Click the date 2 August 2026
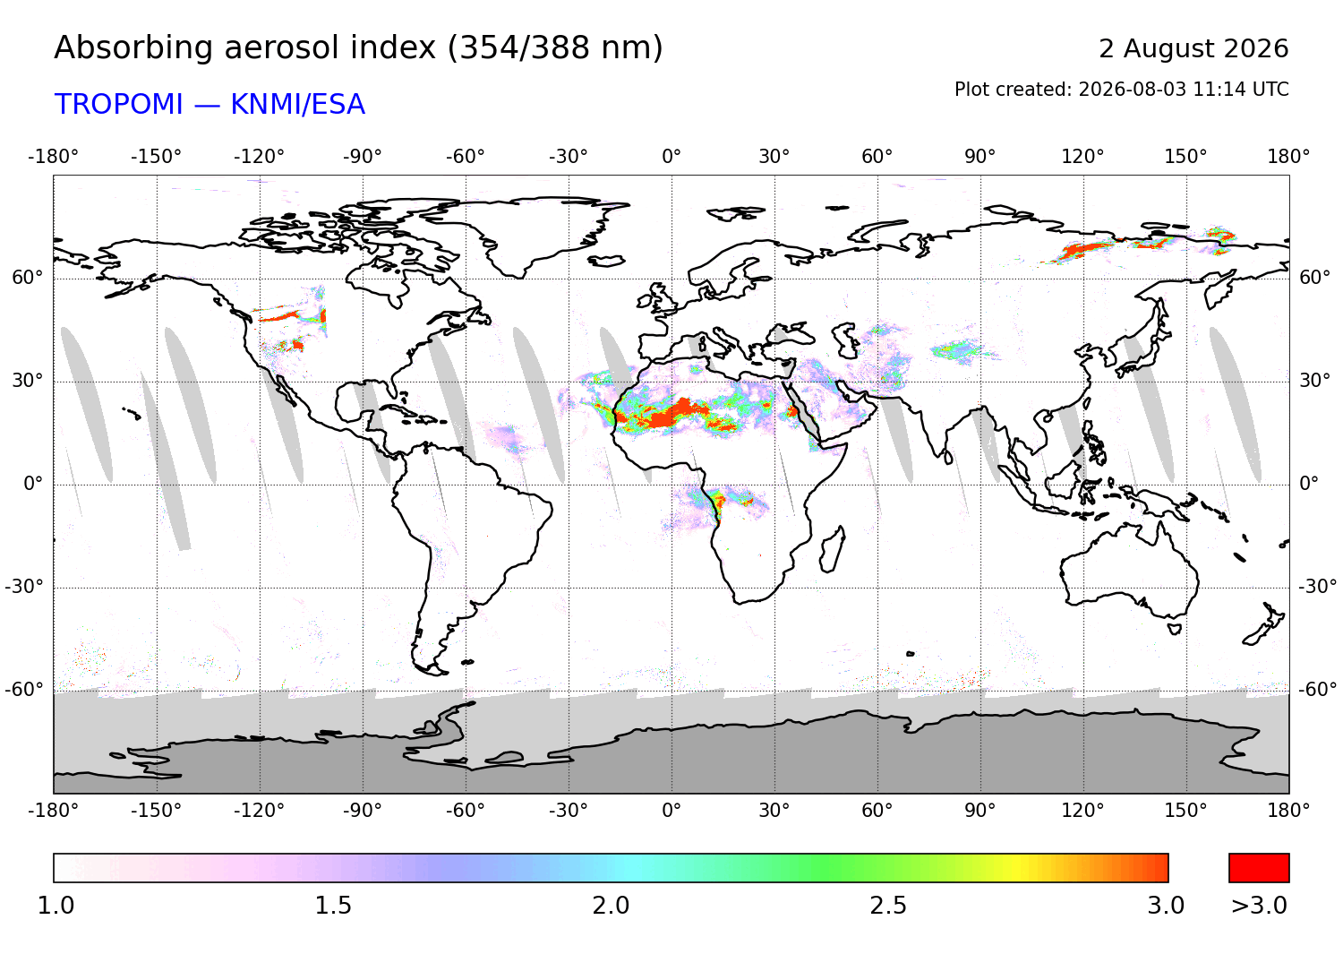pos(1193,48)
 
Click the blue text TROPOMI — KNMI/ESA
pos(210,105)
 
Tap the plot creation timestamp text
pos(1121,90)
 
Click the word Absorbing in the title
pos(135,49)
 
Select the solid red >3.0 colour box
pos(1259,868)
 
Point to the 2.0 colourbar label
pos(611,906)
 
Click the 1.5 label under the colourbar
pos(333,906)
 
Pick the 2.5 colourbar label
pos(888,906)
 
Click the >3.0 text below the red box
pos(1259,906)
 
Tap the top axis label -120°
pos(259,157)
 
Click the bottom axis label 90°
pos(980,811)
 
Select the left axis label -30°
pos(24,586)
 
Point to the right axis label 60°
pos(1315,278)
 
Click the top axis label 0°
pos(671,157)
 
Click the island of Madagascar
pos(832,549)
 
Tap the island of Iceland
pos(606,261)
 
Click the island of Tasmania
pos(1174,629)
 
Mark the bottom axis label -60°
pos(466,811)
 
